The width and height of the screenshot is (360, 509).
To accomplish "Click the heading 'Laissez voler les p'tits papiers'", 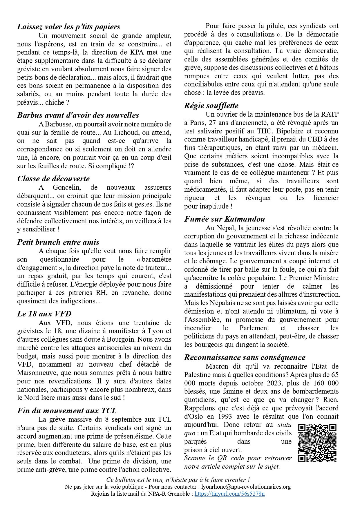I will click(68, 27).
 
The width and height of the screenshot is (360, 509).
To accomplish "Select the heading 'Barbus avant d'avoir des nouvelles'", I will click(78, 115).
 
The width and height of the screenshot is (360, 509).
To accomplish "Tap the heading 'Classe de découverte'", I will click(53, 179).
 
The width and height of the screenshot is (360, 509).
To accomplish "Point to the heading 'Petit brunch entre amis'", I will click(58, 242).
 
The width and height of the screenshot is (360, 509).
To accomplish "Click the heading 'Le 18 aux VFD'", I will click(44, 314).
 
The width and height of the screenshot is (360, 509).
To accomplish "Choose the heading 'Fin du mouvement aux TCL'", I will click(67, 411).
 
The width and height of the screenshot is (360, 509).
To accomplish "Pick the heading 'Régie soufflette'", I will click(211, 106).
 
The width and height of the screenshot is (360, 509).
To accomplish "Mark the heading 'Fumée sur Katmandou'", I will click(225, 219).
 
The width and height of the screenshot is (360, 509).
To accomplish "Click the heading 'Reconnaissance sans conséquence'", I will click(245, 357).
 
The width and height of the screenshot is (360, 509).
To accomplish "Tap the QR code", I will click(317, 443).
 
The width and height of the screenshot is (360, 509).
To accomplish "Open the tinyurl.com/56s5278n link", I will click(229, 494).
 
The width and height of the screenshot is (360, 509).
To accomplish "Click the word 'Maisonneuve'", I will click(35, 373).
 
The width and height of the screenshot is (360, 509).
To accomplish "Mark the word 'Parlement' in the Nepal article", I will click(254, 328).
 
